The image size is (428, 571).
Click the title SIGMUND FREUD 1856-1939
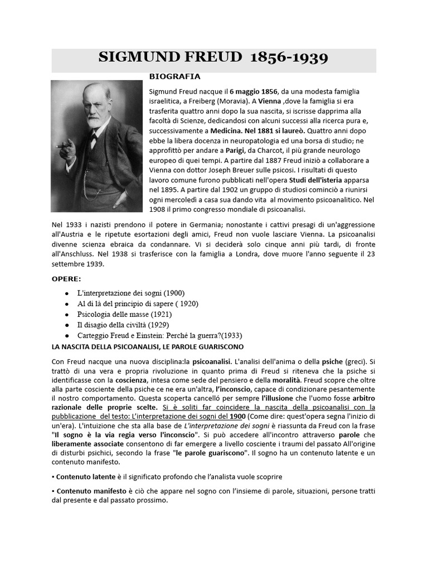pyautogui.click(x=213, y=57)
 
